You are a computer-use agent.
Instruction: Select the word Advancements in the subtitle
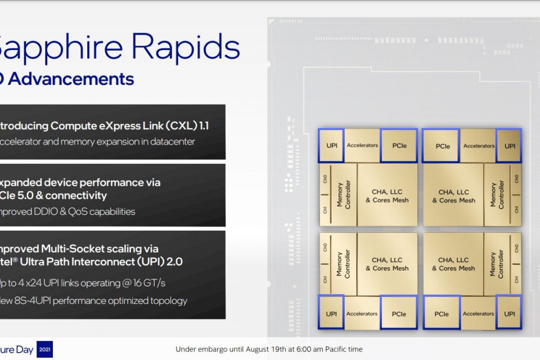(71, 79)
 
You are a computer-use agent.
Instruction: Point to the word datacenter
(171, 142)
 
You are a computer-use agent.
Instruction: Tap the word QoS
(81, 212)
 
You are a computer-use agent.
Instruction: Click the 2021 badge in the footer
(44, 349)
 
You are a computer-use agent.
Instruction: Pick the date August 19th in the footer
(268, 349)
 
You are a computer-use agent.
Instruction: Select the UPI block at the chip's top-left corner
(331, 146)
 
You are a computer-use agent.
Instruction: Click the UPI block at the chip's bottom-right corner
(510, 314)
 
